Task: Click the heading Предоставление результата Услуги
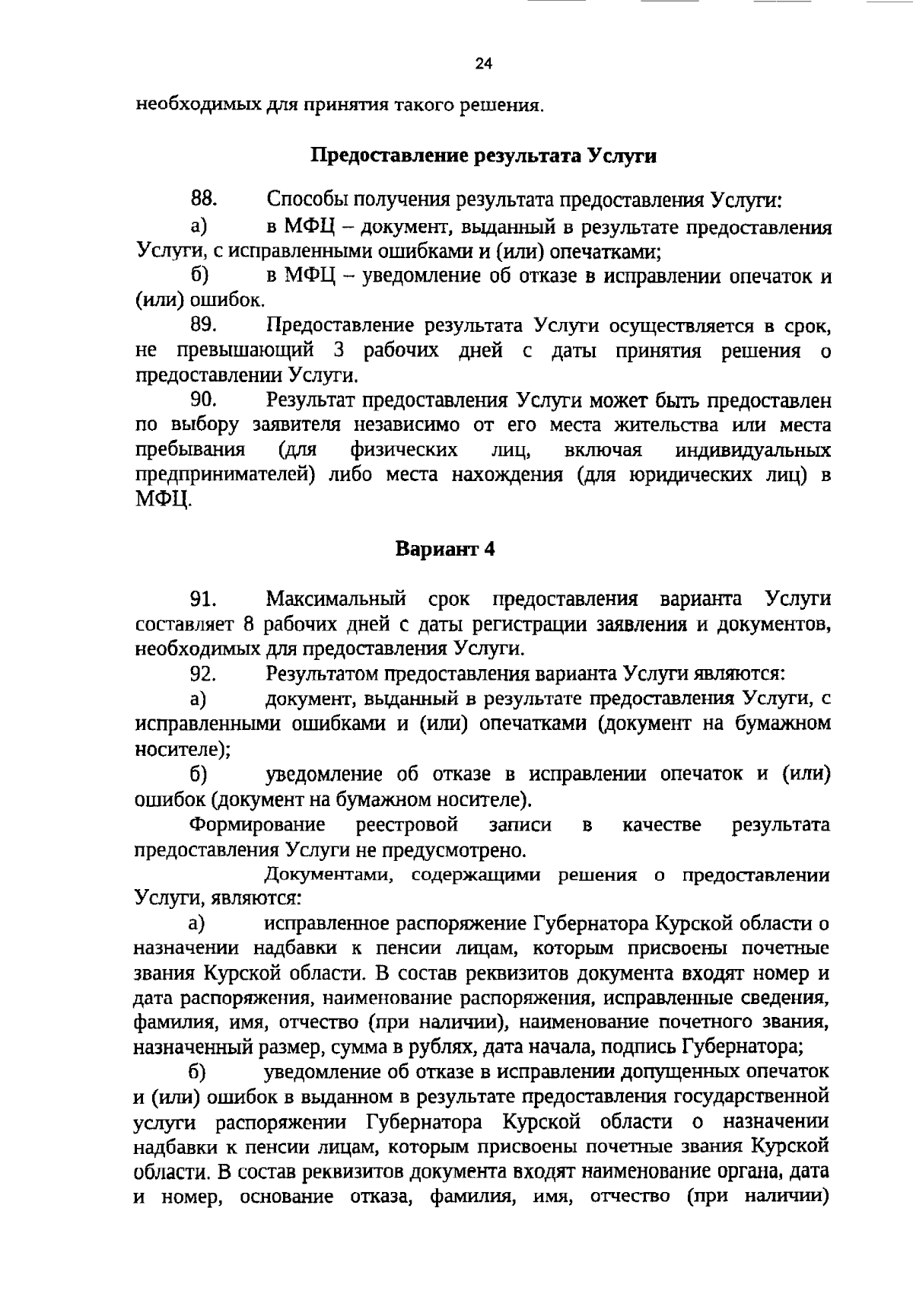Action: click(484, 157)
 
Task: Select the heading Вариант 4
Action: click(446, 549)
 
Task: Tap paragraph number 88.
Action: click(204, 200)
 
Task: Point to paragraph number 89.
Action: click(204, 326)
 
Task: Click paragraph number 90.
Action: click(204, 400)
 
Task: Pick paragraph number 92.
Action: click(204, 674)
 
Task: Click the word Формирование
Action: click(257, 824)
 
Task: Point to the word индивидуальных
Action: click(753, 450)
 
